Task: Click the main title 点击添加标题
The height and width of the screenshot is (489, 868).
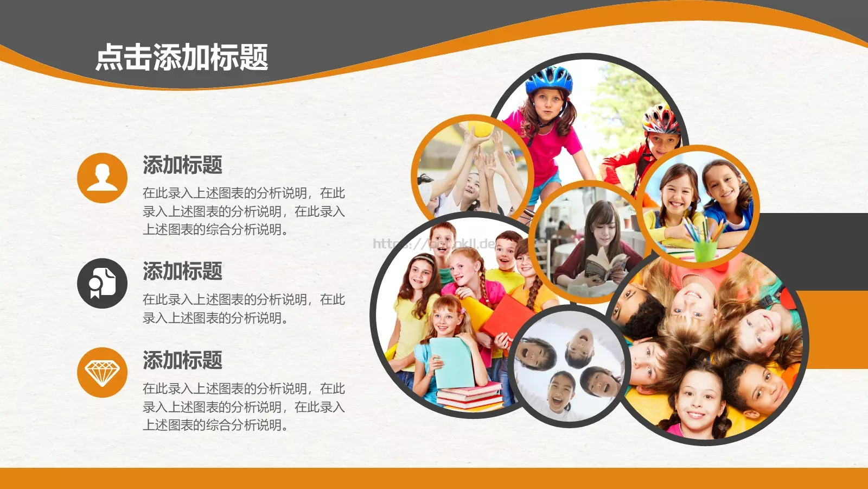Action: [182, 58]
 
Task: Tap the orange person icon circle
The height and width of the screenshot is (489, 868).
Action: [102, 178]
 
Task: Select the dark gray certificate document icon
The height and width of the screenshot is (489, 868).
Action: [102, 283]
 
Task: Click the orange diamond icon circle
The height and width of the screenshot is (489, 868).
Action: [102, 372]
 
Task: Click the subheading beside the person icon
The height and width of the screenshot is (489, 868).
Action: [182, 165]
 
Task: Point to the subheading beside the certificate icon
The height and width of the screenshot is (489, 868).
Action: [182, 271]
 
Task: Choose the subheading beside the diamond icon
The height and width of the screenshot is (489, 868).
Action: [182, 360]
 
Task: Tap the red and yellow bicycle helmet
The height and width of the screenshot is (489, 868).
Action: [661, 120]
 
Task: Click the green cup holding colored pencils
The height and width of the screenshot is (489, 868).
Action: [705, 250]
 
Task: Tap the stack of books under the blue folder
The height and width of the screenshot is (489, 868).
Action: [470, 397]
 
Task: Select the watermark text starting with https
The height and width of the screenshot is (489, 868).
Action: [434, 243]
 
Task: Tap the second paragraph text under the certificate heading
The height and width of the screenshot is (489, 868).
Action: [244, 309]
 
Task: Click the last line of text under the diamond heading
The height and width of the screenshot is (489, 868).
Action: [215, 425]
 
